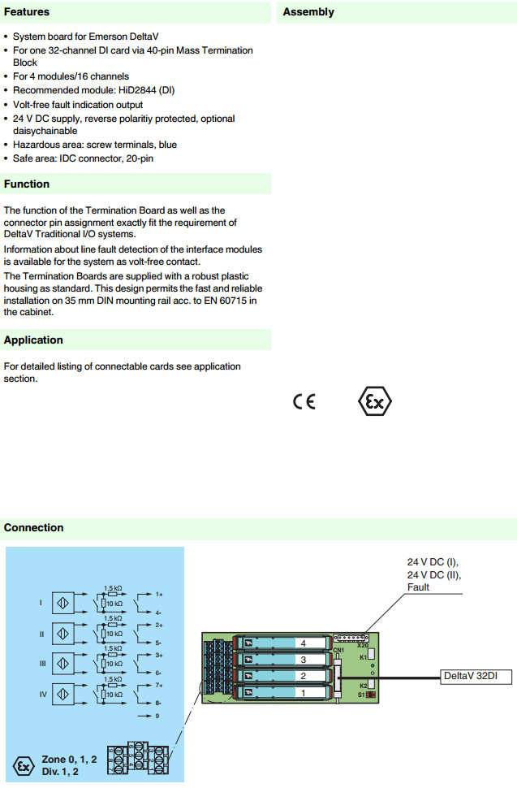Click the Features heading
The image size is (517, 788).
27,12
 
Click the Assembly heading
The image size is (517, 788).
308,12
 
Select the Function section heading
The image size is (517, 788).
27,184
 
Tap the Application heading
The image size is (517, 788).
33,340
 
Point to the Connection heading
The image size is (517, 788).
33,528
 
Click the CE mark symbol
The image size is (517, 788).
304,402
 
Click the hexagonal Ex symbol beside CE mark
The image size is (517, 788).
375,401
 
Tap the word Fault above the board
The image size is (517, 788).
419,587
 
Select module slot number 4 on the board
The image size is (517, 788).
302,643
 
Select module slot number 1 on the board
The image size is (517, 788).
302,693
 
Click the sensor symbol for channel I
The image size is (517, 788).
63,604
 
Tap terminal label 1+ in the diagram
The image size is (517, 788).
160,594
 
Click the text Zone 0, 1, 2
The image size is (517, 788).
70,759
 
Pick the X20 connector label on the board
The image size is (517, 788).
362,645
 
